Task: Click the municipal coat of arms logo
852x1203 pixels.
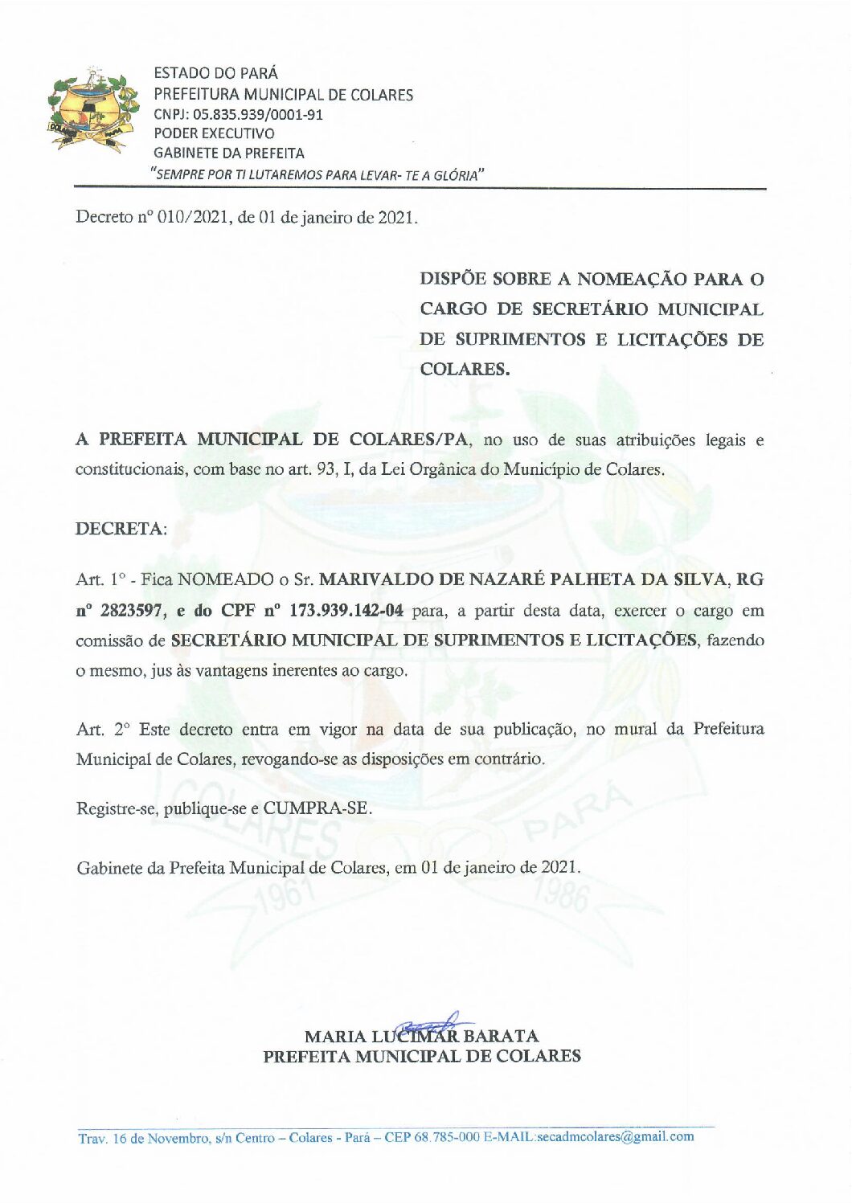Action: click(x=93, y=111)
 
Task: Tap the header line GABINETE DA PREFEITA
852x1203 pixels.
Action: click(x=229, y=153)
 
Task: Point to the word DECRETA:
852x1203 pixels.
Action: click(x=121, y=529)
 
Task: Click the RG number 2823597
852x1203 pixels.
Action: click(x=133, y=611)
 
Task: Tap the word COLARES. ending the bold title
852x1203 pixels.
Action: click(x=465, y=370)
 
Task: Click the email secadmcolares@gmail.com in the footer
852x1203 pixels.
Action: click(x=616, y=1136)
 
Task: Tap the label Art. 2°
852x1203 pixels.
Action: click(x=103, y=730)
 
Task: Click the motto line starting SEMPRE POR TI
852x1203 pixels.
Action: click(x=318, y=174)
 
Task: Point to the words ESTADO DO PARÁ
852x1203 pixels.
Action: click(x=215, y=74)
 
